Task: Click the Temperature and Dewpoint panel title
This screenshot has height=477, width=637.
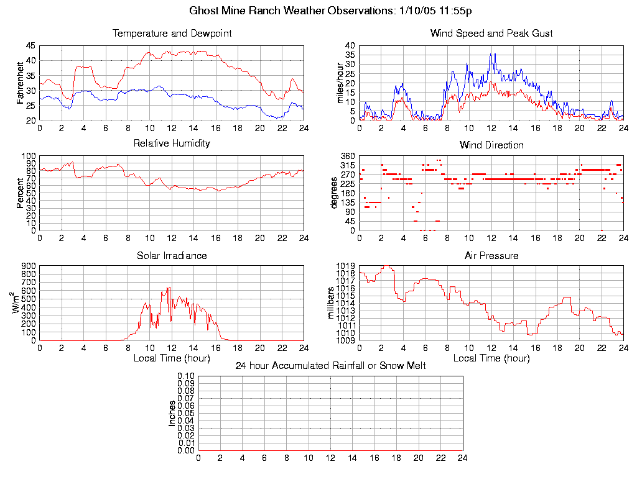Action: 172,34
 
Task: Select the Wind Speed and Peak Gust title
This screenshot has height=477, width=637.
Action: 491,34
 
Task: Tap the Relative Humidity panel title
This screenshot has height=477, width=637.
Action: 172,143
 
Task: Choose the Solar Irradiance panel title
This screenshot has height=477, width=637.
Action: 172,256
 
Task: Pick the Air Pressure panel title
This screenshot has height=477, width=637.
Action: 491,256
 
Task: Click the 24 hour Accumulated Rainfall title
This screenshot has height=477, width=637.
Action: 330,366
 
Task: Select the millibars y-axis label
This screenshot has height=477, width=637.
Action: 332,302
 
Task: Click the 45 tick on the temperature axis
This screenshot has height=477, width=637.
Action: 30,45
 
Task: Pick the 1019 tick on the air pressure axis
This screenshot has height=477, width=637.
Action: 346,266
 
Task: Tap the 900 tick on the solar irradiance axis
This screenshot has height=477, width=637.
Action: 29,266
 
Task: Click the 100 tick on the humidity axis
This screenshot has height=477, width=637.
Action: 29,156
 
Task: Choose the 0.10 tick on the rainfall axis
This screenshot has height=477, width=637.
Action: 186,376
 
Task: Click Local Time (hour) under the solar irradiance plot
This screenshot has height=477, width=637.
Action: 172,358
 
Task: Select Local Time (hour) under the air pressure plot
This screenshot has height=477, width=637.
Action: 491,358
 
